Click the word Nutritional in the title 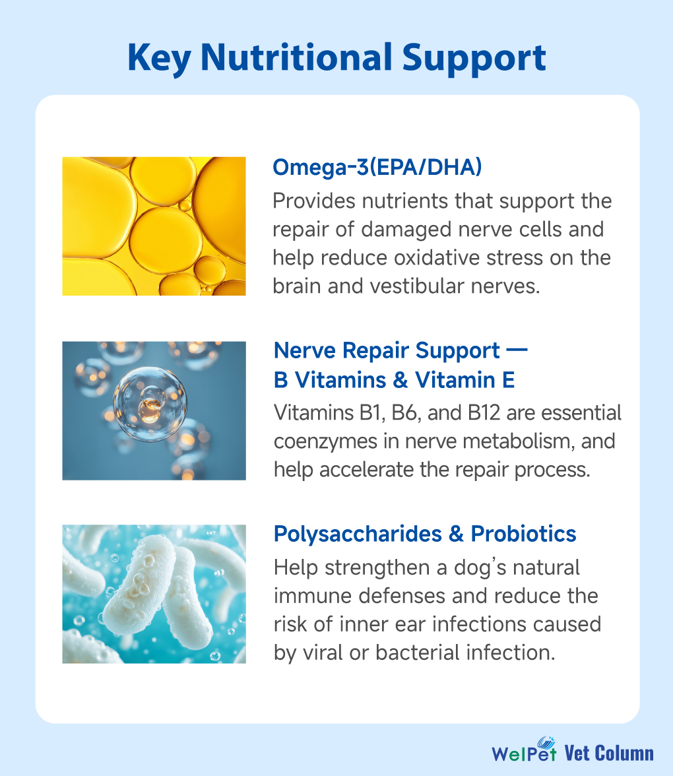click(x=297, y=57)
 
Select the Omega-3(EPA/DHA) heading click(x=377, y=168)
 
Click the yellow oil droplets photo click(x=154, y=226)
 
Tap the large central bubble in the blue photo click(x=150, y=404)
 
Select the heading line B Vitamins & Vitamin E click(x=395, y=380)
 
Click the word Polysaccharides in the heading click(x=358, y=533)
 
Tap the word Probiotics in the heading click(x=523, y=533)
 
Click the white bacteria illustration click(x=154, y=594)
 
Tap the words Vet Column click(x=609, y=754)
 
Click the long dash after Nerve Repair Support click(x=517, y=350)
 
